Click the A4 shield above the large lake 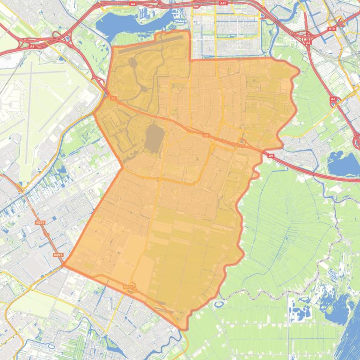pyautogui.click(x=132, y=4)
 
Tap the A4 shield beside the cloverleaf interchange pyautogui.click(x=32, y=46)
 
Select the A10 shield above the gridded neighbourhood pyautogui.click(x=223, y=3)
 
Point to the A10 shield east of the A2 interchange pyautogui.click(x=331, y=29)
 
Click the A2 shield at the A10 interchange pyautogui.click(x=308, y=43)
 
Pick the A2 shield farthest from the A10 pyautogui.click(x=333, y=99)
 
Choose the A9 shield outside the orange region pyautogui.click(x=270, y=155)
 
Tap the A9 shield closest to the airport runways pyautogui.click(x=113, y=99)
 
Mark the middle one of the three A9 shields pyautogui.click(x=206, y=135)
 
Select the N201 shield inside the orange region pyautogui.click(x=128, y=287)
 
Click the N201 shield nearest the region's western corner pyautogui.click(x=58, y=255)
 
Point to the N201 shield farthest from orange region pyautogui.click(x=40, y=223)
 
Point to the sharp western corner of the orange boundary pyautogui.click(x=64, y=265)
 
